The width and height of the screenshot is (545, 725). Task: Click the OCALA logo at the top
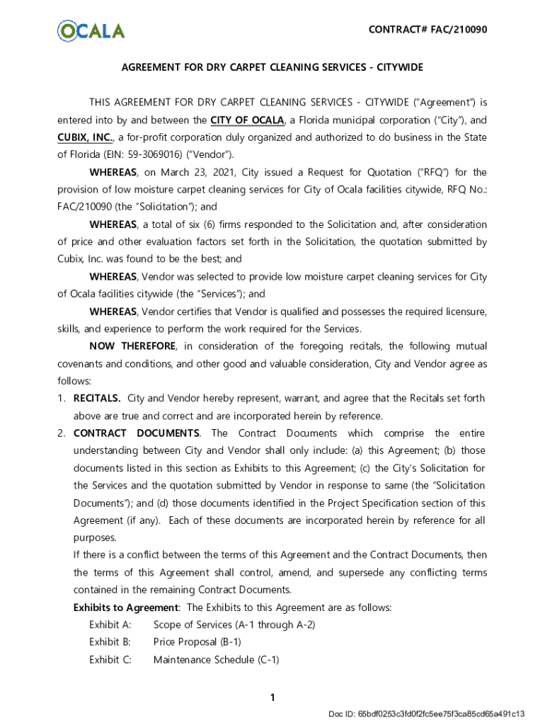[91, 30]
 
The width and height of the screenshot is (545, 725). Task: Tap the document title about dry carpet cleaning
[272, 67]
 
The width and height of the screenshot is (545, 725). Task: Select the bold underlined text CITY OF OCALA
[247, 120]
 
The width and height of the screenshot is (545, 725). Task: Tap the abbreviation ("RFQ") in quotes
[424, 172]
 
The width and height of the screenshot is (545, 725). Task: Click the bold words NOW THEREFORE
[132, 346]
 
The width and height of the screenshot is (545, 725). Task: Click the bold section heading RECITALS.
[97, 399]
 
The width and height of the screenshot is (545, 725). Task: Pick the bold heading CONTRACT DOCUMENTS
[137, 433]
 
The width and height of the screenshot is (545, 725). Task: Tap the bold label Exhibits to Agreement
[126, 607]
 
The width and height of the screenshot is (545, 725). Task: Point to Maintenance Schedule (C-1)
[216, 660]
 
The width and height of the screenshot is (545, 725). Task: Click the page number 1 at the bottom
[272, 698]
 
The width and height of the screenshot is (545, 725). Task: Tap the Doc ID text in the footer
[427, 714]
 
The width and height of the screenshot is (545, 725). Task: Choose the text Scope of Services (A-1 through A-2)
[234, 624]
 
